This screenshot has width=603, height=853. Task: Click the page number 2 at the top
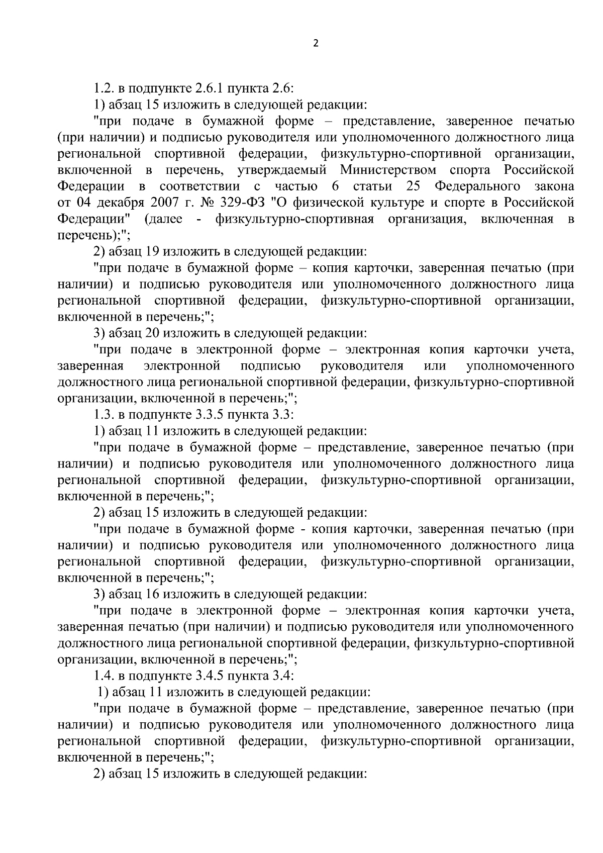[316, 43]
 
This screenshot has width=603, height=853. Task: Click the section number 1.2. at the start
[104, 89]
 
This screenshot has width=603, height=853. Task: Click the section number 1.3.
[104, 415]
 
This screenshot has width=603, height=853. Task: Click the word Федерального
[477, 186]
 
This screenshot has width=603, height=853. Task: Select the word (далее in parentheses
[163, 219]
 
